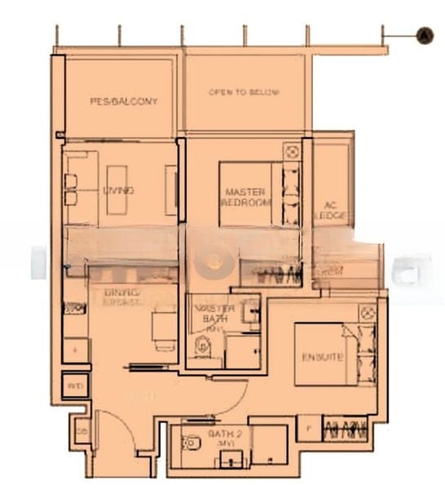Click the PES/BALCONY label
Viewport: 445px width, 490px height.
(x=123, y=101)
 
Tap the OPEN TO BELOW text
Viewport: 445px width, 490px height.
(x=244, y=92)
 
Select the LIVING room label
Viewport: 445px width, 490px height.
(x=119, y=190)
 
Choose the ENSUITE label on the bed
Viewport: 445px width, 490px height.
(x=323, y=357)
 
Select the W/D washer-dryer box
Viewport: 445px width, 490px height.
(x=75, y=384)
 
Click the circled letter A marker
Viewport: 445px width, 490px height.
(x=424, y=35)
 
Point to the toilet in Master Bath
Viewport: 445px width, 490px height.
(x=200, y=350)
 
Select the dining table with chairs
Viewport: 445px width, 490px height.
(x=165, y=327)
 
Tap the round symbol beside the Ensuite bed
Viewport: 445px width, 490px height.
(x=367, y=312)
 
